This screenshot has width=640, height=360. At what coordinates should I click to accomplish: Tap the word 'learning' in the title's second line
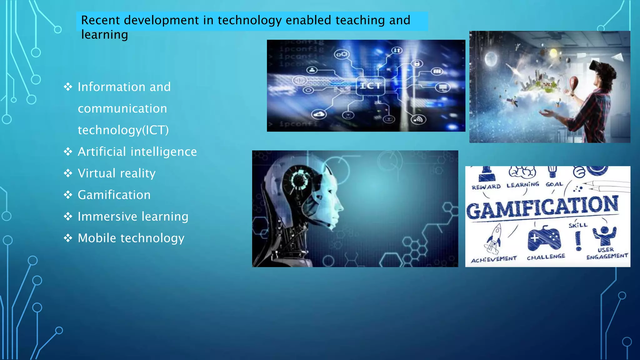click(x=104, y=35)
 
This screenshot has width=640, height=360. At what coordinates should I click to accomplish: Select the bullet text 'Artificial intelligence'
click(x=137, y=152)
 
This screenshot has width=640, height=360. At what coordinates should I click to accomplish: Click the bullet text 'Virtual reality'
click(x=117, y=173)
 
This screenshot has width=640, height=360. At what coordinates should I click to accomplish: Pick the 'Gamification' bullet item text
click(x=114, y=195)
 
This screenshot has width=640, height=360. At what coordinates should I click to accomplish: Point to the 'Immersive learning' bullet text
click(x=133, y=217)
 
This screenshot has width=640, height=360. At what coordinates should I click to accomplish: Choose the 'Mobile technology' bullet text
click(x=131, y=238)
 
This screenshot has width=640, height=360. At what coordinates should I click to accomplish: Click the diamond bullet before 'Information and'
click(x=68, y=87)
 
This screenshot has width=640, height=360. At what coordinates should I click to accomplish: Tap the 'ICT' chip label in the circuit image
click(x=370, y=86)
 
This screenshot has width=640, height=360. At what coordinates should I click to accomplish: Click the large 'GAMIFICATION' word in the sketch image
click(x=542, y=207)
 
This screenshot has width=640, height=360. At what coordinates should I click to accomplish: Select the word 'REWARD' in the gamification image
click(x=486, y=187)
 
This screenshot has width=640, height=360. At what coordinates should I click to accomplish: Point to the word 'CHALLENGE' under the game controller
click(x=546, y=257)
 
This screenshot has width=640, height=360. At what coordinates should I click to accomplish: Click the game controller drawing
click(x=544, y=238)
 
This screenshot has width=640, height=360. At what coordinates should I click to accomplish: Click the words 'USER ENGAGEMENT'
click(x=607, y=253)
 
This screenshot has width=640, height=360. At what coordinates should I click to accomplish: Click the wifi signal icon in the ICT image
click(x=418, y=119)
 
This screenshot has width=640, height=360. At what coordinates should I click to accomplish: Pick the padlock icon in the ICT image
click(x=417, y=64)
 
